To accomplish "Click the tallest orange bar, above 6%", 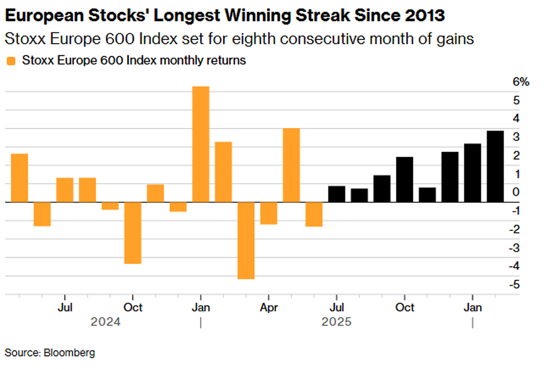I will click(x=200, y=144).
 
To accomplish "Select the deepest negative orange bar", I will click(x=246, y=240).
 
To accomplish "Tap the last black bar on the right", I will click(x=495, y=166).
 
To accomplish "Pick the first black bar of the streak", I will click(x=337, y=194).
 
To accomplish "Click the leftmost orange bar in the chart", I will click(x=20, y=178).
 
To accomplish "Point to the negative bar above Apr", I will click(x=269, y=213).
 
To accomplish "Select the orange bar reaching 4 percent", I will click(x=291, y=165).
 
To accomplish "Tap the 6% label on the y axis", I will click(x=521, y=82).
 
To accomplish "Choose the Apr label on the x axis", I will click(x=269, y=307).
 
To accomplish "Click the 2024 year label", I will click(x=105, y=322).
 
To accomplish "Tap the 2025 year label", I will click(x=337, y=322).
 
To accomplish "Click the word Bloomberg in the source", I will click(x=69, y=353).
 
